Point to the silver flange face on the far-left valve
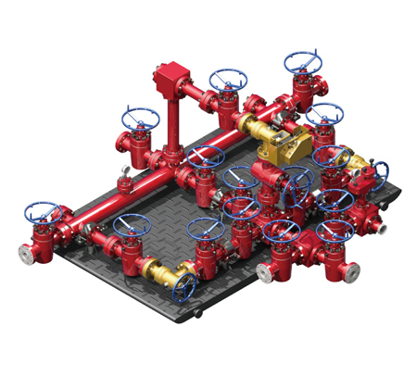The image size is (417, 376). coord(25,250)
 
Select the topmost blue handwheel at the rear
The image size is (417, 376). coord(302,63)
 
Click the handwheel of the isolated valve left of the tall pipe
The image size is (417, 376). coord(139,118)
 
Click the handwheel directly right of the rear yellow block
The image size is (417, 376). coord(323,115)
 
